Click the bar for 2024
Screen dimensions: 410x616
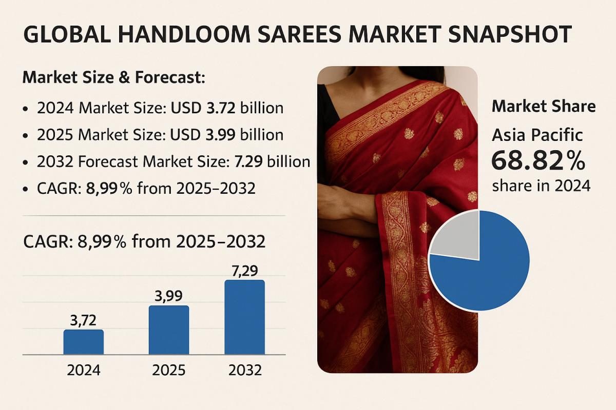(x=84, y=342)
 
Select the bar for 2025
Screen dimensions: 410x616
(x=169, y=330)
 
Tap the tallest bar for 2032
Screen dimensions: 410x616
(x=245, y=317)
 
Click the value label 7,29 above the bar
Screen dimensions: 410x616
(x=245, y=270)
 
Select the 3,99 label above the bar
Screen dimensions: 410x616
(x=169, y=296)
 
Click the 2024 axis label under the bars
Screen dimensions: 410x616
(x=84, y=370)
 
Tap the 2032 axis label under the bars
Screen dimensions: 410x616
(x=245, y=370)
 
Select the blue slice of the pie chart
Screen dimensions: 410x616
(x=488, y=272)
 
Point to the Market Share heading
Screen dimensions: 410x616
(x=544, y=107)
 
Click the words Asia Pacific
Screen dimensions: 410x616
(x=537, y=135)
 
